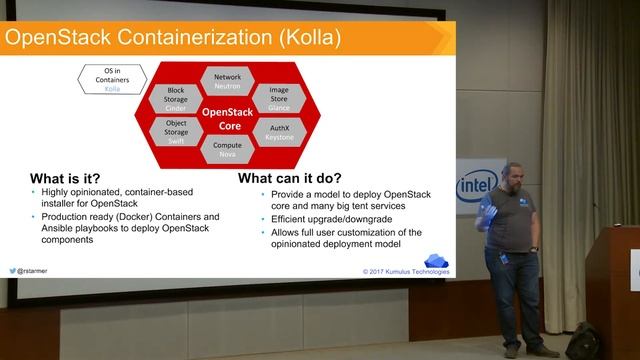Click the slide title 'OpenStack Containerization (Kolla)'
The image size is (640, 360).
pyautogui.click(x=172, y=38)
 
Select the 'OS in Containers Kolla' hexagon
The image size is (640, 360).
pyautogui.click(x=111, y=78)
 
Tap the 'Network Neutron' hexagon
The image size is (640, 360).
pyautogui.click(x=227, y=81)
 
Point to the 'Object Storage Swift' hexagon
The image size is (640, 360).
pyautogui.click(x=176, y=134)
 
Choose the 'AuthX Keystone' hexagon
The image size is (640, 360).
pyautogui.click(x=278, y=132)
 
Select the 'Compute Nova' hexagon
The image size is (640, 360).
pyautogui.click(x=227, y=150)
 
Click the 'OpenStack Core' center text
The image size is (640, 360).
pyautogui.click(x=227, y=118)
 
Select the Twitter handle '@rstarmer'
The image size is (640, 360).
pyautogui.click(x=39, y=270)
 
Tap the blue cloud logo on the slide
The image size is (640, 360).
pyautogui.click(x=437, y=260)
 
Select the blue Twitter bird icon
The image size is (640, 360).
pyautogui.click(x=15, y=270)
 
